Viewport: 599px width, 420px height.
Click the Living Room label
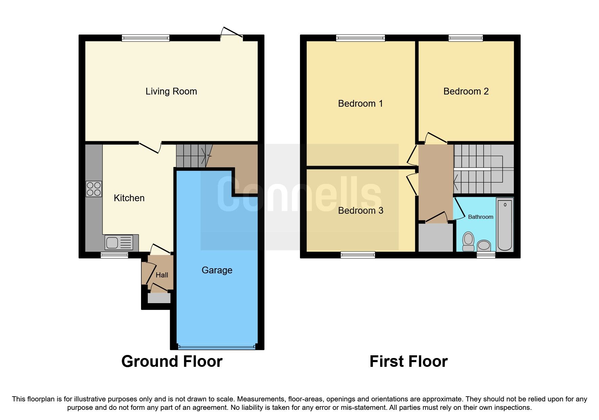(x=171, y=91)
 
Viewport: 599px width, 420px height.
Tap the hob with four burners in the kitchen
(x=94, y=189)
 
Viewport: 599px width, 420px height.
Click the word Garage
(x=217, y=270)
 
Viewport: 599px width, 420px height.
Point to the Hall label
(x=162, y=275)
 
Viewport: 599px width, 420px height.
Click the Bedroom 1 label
(x=361, y=104)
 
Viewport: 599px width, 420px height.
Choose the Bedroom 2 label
(x=466, y=91)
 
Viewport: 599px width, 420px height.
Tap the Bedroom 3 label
(x=361, y=211)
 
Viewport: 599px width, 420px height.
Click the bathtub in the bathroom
(x=505, y=225)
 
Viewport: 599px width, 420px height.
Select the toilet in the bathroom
(x=468, y=241)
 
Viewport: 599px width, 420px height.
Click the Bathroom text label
(x=480, y=217)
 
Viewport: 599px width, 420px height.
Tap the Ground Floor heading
(x=172, y=361)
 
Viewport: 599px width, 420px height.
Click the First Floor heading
(x=408, y=361)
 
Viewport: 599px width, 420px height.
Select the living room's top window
(x=145, y=38)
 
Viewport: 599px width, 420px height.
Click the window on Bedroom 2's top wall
(x=465, y=38)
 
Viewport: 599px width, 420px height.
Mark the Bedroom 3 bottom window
(x=358, y=255)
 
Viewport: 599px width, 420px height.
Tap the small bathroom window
(x=486, y=255)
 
